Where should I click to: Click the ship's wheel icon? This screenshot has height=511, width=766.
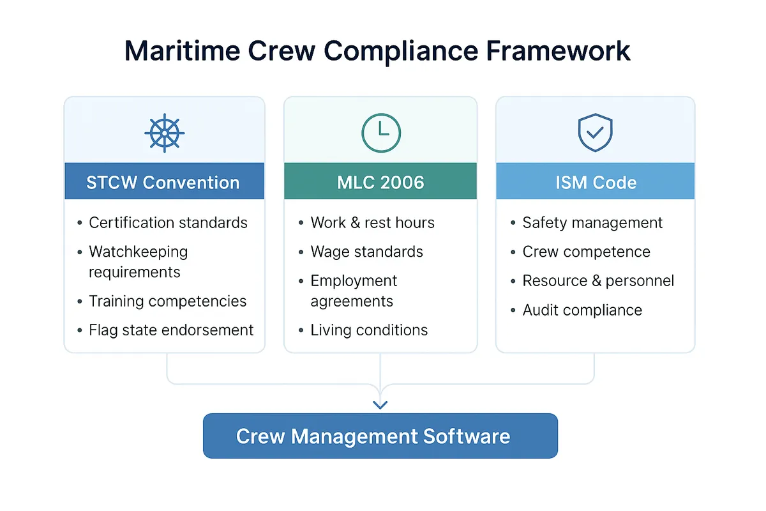click(164, 132)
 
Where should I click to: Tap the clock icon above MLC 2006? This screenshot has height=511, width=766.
click(380, 132)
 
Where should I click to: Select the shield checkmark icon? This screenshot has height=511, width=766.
click(595, 132)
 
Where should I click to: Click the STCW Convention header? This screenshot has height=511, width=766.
click(164, 182)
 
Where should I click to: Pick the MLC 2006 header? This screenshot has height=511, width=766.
click(380, 182)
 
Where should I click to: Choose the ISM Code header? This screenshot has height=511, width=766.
click(595, 182)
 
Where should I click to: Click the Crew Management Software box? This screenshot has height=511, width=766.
click(380, 436)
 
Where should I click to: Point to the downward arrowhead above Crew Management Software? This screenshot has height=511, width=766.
click(380, 404)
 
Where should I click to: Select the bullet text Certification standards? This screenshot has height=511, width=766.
click(168, 223)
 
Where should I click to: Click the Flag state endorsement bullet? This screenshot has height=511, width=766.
click(171, 330)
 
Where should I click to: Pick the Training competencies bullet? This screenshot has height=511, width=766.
click(167, 301)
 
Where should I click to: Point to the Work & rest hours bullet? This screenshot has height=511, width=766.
click(372, 223)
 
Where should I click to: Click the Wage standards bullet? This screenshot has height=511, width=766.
click(366, 252)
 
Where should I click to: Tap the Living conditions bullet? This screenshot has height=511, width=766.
click(369, 330)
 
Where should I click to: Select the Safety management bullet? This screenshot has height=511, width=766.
click(592, 223)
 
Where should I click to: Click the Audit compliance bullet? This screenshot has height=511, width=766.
click(582, 310)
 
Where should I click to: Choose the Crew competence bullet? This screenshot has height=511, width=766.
click(586, 252)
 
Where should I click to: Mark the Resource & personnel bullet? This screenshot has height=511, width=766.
click(598, 281)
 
